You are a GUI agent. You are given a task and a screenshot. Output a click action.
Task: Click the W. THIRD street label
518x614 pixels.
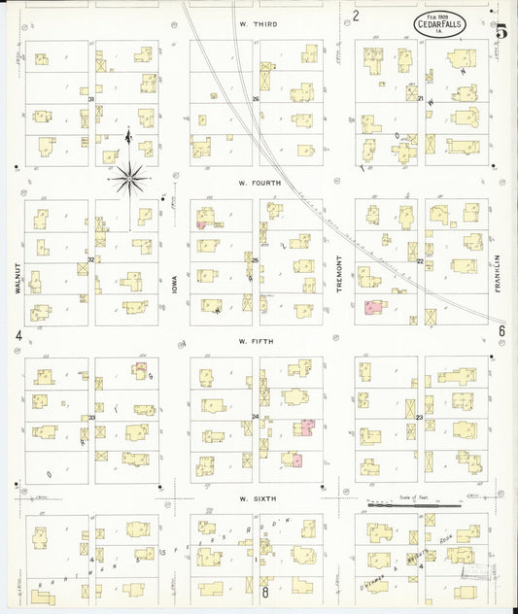click(259, 22)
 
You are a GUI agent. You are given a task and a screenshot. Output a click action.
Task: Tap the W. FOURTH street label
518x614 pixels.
click(259, 183)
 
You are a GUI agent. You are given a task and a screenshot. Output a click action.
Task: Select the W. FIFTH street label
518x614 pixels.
click(259, 341)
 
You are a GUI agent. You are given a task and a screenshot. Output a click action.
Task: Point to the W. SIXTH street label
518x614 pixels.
click(259, 498)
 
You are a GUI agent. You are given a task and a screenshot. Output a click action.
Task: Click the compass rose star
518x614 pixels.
click(129, 177)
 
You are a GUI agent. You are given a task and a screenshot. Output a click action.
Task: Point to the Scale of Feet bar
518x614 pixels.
click(413, 505)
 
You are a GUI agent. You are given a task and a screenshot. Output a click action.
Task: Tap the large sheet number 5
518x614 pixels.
click(501, 31)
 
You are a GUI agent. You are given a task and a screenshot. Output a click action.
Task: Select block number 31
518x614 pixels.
click(91, 99)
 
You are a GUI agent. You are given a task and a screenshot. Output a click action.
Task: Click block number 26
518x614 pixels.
click(256, 99)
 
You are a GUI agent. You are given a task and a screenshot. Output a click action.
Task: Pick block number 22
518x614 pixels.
click(420, 261)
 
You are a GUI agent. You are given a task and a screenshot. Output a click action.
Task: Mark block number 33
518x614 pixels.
click(91, 418)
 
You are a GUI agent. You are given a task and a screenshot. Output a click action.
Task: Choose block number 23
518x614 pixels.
click(420, 418)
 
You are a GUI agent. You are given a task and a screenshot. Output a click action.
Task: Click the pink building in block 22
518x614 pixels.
click(373, 307)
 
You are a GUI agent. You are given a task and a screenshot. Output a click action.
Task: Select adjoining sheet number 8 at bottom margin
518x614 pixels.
click(263, 591)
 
